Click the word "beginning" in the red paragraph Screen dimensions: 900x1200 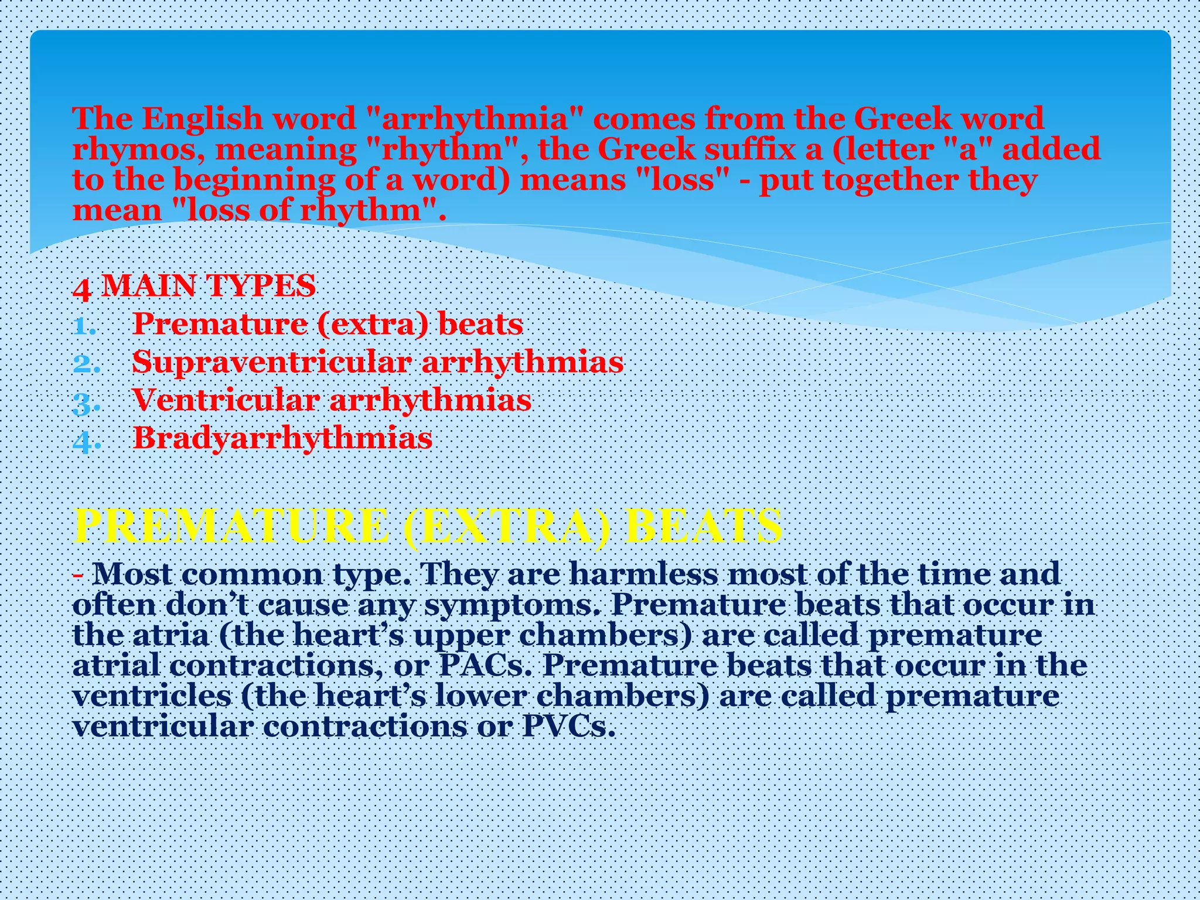coord(255,180)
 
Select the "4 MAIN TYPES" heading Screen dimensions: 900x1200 coord(194,287)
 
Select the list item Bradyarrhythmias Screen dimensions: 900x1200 coord(282,438)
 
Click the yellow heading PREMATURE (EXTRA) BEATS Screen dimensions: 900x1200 coord(428,526)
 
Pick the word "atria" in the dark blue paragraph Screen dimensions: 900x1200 coord(171,635)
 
